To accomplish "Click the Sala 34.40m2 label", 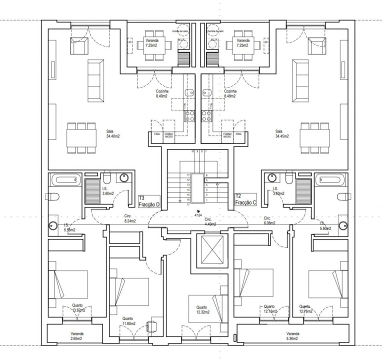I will tap(112, 133).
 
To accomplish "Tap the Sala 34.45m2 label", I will tap(282, 133).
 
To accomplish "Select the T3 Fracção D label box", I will tap(149, 201).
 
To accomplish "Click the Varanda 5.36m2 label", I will tap(293, 335).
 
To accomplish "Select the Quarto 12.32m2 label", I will tap(201, 310).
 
